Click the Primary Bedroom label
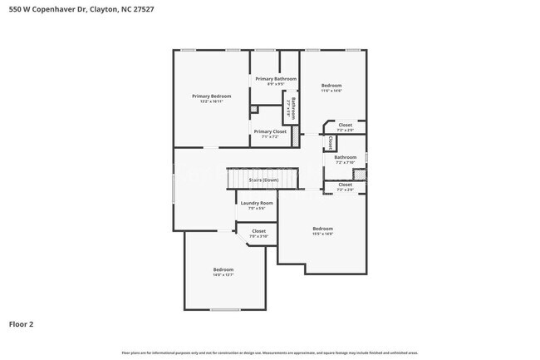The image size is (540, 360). (211, 96)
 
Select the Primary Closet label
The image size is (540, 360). (270, 131)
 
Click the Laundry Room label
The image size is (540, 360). (257, 203)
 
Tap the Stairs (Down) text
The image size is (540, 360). (264, 180)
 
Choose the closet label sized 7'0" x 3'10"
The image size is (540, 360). (258, 231)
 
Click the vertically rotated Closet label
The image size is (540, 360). (331, 142)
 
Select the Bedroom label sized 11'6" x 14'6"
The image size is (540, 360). (331, 86)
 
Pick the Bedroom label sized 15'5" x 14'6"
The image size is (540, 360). (322, 229)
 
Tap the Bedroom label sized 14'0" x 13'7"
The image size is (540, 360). (223, 269)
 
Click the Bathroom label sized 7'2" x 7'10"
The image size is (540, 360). (345, 157)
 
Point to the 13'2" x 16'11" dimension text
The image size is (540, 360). (211, 102)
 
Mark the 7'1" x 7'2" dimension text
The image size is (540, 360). (270, 137)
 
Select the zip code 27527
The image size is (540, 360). (142, 8)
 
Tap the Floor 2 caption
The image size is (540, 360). (22, 323)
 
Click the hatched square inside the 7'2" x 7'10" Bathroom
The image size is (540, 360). (359, 174)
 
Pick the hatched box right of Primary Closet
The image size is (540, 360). (294, 133)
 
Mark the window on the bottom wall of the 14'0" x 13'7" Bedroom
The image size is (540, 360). (224, 310)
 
